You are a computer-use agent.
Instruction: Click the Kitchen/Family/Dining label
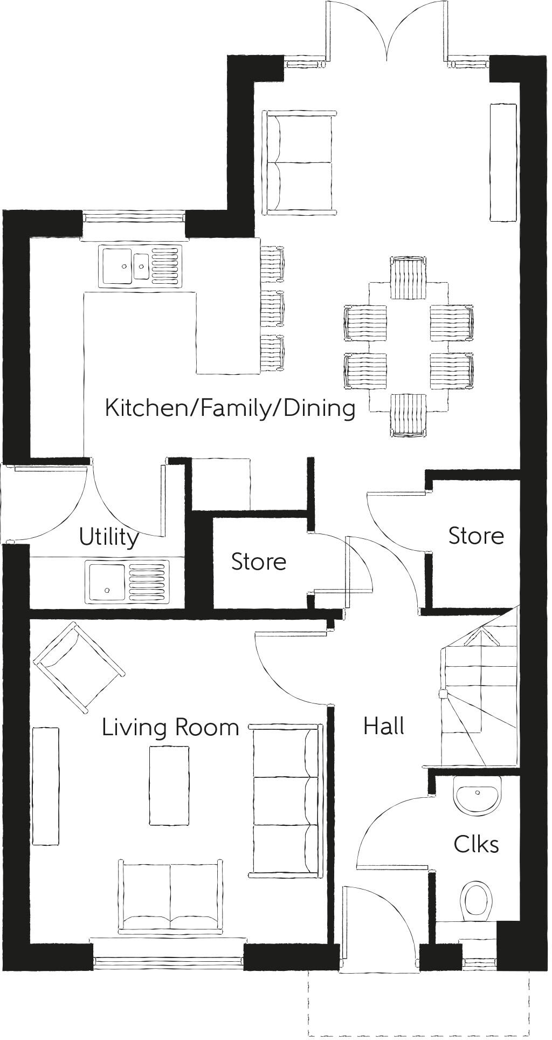tap(230, 408)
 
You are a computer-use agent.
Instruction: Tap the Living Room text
tap(170, 728)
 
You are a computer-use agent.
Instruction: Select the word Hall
tap(383, 726)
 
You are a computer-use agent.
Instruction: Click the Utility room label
tap(109, 537)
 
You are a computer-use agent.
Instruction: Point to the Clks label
tap(476, 844)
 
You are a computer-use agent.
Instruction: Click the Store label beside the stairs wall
tap(476, 536)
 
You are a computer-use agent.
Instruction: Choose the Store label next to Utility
tap(258, 562)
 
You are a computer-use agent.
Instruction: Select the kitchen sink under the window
tap(140, 265)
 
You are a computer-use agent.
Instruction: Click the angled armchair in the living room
tap(79, 667)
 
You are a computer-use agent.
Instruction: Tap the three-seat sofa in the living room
tap(286, 800)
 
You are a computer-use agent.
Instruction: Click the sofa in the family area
tap(299, 162)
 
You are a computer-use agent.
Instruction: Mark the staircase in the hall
tap(480, 696)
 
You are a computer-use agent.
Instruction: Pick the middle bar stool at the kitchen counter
tap(272, 309)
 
